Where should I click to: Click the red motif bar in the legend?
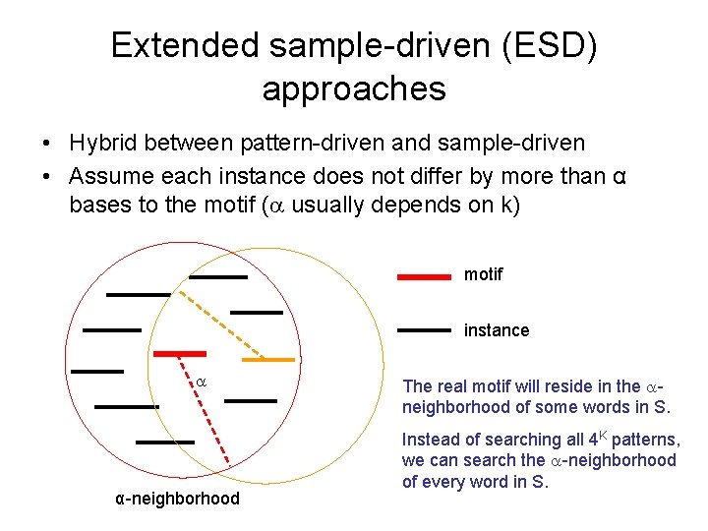click(x=423, y=277)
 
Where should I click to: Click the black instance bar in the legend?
click(x=423, y=331)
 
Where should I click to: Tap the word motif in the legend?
click(x=483, y=274)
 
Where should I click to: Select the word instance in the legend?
click(x=496, y=330)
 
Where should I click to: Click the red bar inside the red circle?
click(x=179, y=352)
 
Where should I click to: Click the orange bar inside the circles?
click(x=267, y=360)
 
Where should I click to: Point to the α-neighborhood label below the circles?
click(x=177, y=499)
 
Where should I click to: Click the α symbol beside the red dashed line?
click(x=201, y=381)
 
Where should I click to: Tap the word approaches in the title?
click(x=354, y=88)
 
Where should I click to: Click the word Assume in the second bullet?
click(x=110, y=178)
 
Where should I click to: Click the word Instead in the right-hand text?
click(x=432, y=440)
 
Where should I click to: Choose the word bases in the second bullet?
click(x=101, y=206)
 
